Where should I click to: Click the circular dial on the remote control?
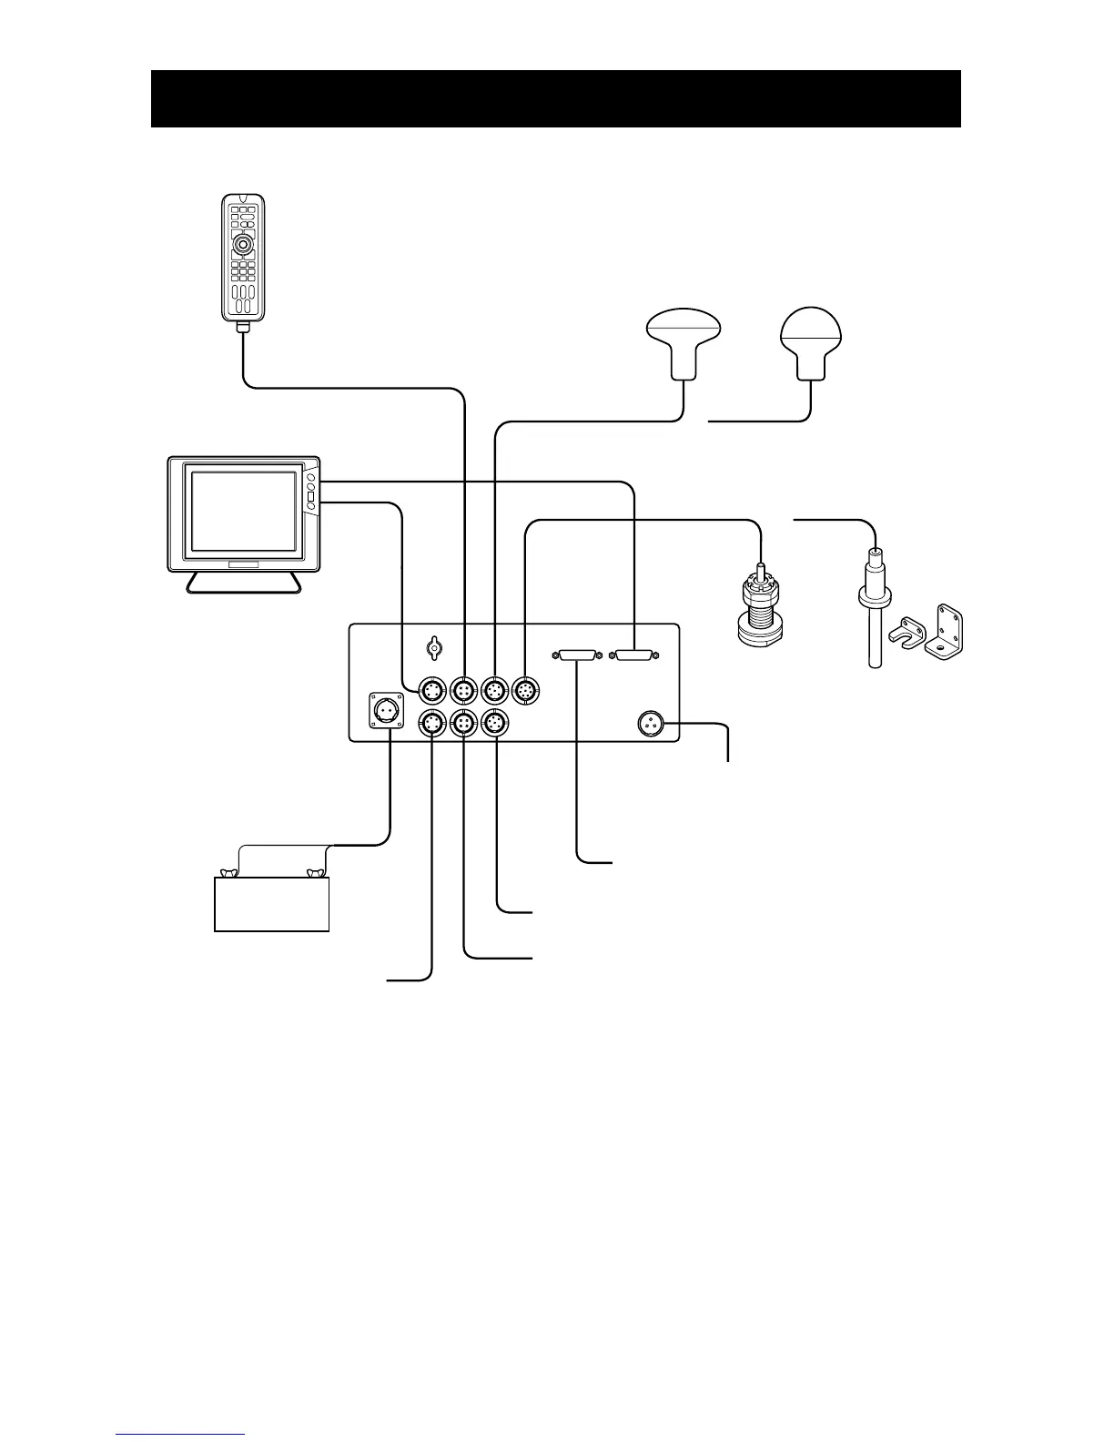242,245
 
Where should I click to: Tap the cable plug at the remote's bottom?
243,326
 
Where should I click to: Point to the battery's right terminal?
316,874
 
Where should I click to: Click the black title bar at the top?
555,98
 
